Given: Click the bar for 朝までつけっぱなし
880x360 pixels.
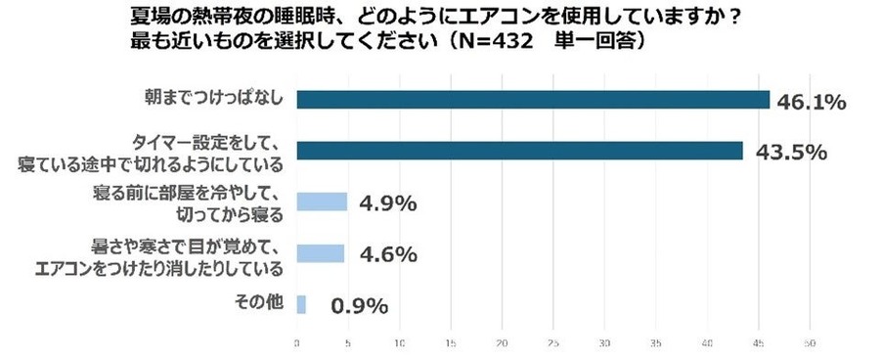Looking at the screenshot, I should click(533, 100).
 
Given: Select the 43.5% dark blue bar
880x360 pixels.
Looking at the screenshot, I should click(519, 151).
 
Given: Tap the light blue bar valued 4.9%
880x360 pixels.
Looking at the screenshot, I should click(322, 202).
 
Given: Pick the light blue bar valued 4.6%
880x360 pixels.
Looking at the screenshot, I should click(321, 253).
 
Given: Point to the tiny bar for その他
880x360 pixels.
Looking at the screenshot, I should click(301, 304).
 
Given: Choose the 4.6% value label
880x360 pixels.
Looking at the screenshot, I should click(387, 255).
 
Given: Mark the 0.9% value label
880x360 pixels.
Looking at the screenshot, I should click(359, 306).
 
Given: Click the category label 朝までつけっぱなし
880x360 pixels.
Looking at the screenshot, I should click(210, 100).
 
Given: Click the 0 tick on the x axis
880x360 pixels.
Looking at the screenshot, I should click(297, 344).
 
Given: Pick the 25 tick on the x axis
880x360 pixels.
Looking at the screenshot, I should click(553, 344).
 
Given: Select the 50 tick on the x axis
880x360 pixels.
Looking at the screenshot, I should click(810, 344).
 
